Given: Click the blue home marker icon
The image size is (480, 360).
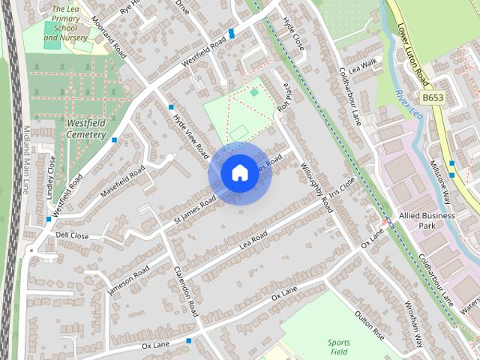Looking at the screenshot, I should [238, 173].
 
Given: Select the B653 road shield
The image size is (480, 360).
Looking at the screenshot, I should [432, 98].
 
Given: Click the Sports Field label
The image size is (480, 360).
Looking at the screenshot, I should [338, 346].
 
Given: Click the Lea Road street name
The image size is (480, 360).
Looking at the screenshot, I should [253, 241].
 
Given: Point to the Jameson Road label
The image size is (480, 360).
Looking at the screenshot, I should [128, 280].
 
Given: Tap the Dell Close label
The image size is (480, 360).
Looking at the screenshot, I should [72, 235].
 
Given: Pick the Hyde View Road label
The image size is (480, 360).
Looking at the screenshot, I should [190, 135].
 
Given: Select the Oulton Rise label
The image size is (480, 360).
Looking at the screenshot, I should [369, 325].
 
